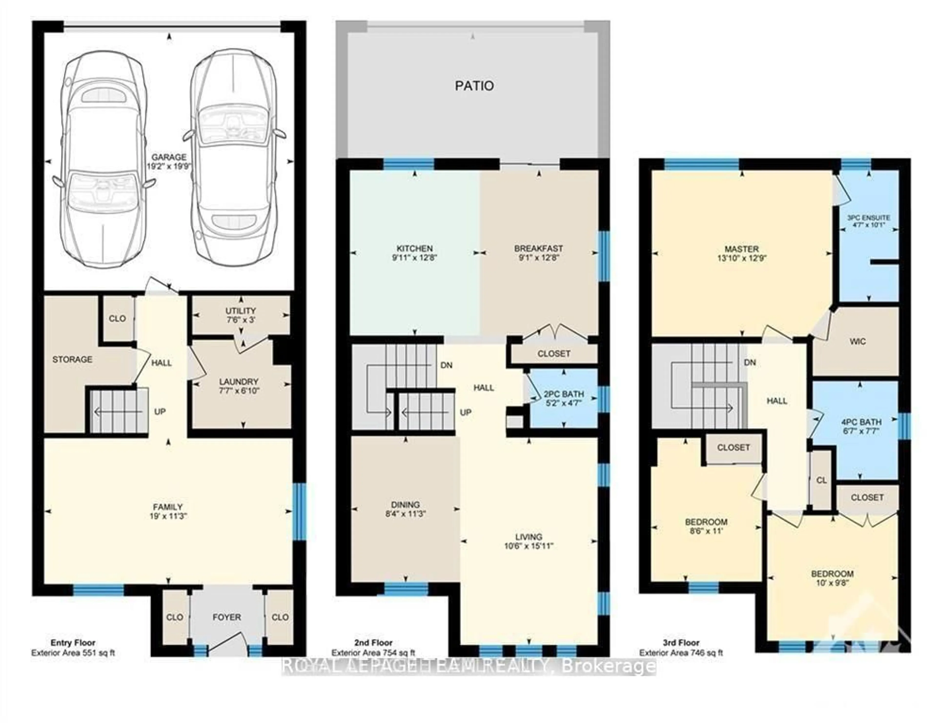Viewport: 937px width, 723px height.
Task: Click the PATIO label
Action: [x=474, y=86]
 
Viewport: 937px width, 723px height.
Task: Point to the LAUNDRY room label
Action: [x=239, y=381]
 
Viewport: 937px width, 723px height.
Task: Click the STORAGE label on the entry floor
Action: [x=72, y=359]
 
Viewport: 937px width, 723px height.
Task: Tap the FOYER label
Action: [x=226, y=617]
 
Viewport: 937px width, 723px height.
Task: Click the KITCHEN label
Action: [x=414, y=248]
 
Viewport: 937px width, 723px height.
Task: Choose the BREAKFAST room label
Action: [x=539, y=248]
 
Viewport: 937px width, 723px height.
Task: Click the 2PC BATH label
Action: [x=563, y=394]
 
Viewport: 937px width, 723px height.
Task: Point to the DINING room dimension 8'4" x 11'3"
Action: [x=406, y=514]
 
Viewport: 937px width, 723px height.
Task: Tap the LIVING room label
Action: [x=529, y=536]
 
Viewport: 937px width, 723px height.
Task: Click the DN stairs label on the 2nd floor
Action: [x=447, y=365]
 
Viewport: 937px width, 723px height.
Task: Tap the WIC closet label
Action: [x=857, y=341]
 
